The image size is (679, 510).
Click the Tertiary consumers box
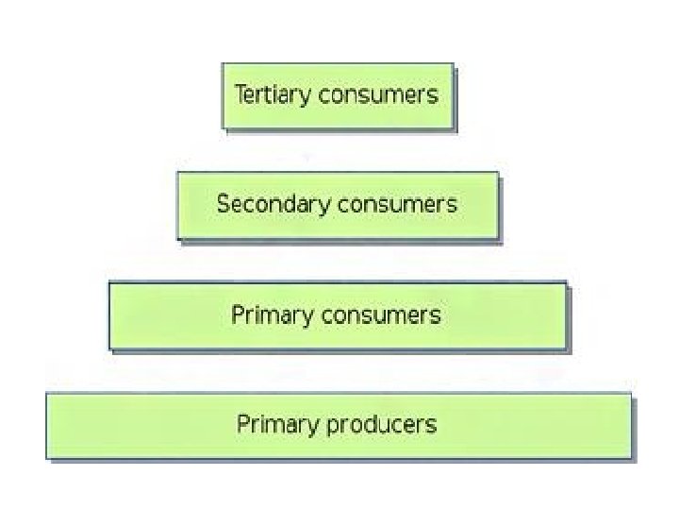coord(338,95)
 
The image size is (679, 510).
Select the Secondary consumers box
coord(338,204)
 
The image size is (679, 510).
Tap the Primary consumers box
coord(338,315)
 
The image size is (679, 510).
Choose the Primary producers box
coord(338,425)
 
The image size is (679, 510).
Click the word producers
coord(382,425)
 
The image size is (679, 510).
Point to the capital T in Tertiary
coord(240,93)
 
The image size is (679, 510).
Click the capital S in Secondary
coord(223,203)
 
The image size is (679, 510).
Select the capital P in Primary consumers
coord(238,314)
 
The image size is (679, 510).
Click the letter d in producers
coord(368,423)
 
